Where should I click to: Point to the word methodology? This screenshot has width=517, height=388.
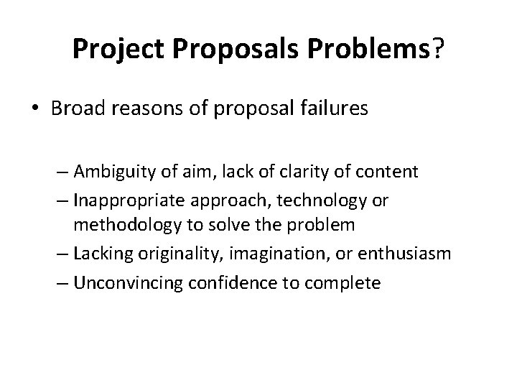click(135, 226)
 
